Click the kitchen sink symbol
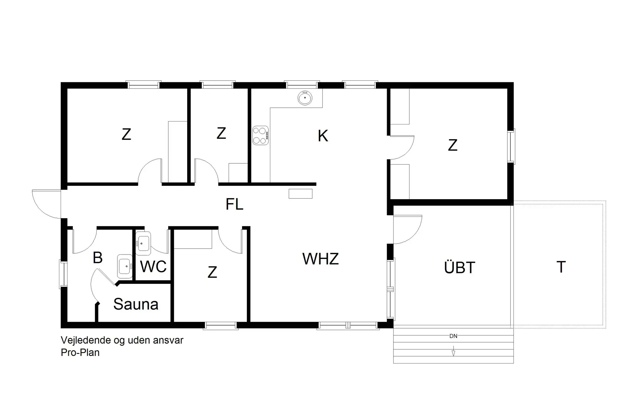[x=305, y=98]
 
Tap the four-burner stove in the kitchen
[x=261, y=135]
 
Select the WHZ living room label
[x=320, y=259]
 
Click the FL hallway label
[x=234, y=204]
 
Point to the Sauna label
[x=136, y=304]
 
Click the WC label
[x=153, y=267]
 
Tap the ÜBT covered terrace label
[x=459, y=268]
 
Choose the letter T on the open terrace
[x=561, y=267]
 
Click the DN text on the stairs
[x=453, y=336]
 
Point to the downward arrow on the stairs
[x=453, y=353]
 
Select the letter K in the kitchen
[x=323, y=136]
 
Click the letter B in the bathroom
[x=97, y=258]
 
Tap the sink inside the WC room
[x=143, y=243]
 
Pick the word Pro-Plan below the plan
[x=80, y=353]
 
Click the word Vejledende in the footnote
[x=85, y=340]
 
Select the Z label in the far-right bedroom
[x=453, y=145]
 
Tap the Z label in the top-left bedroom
[x=126, y=135]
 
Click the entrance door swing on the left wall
[x=46, y=204]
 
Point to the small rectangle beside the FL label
[x=300, y=194]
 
